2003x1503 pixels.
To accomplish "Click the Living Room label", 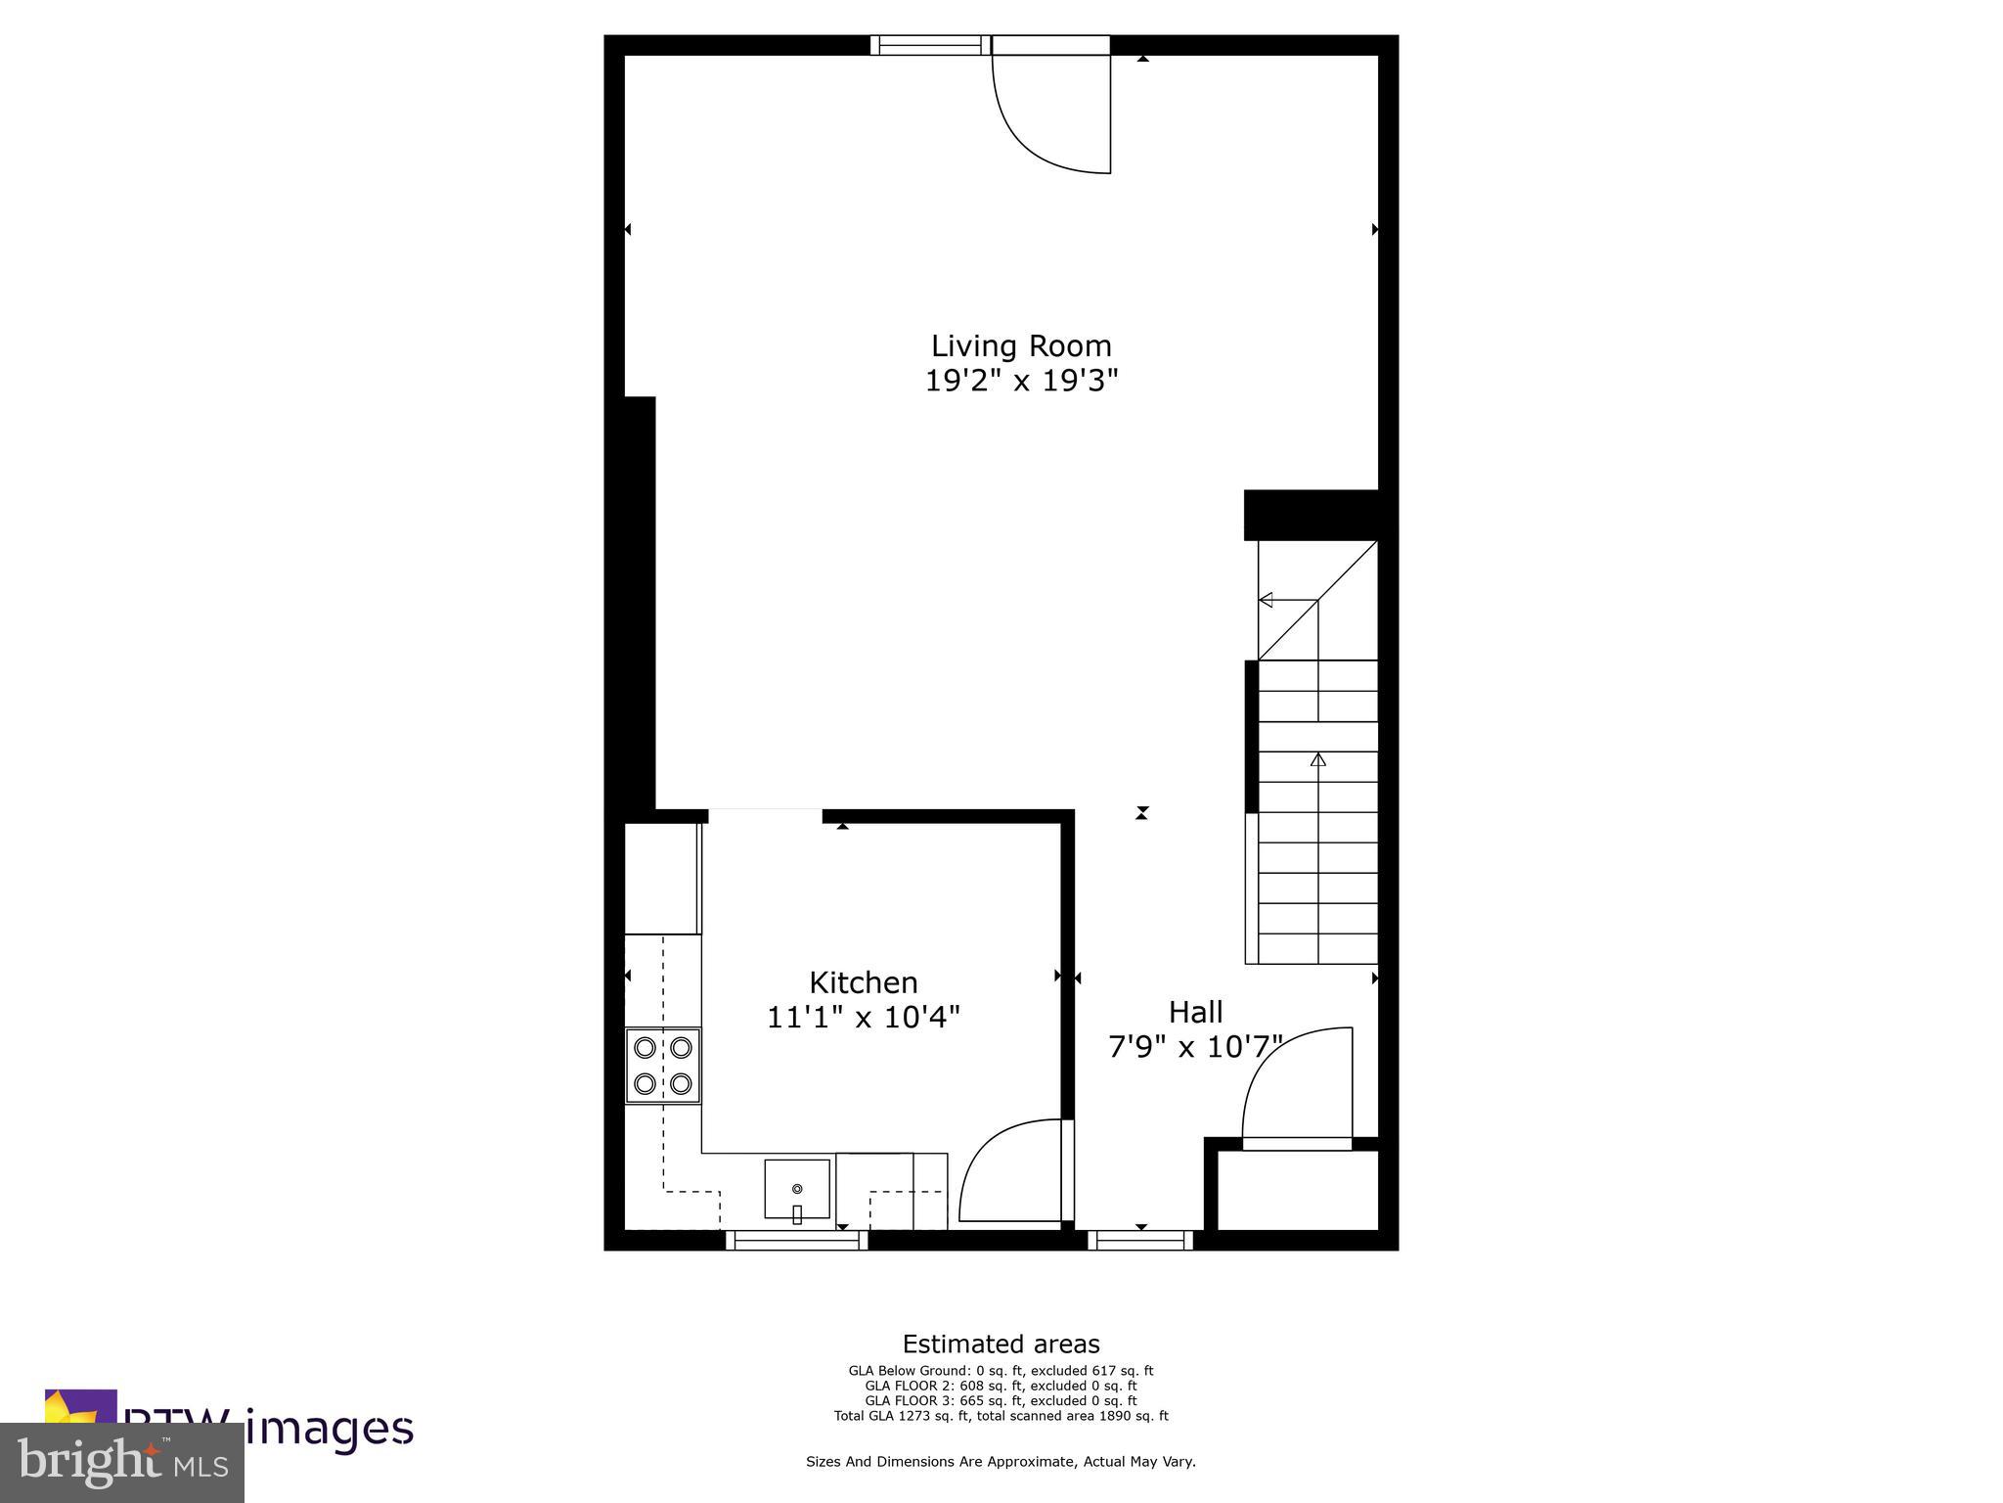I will (1020, 345).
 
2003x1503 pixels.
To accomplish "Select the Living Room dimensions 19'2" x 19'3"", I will (1020, 380).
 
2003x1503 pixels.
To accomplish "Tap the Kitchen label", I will (863, 981).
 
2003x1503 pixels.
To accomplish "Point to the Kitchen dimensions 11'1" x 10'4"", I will (863, 1018).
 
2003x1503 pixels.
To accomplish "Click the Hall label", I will (1195, 1011).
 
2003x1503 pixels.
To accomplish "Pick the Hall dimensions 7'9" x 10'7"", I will (1194, 1047).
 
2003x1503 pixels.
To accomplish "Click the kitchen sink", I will (796, 1189).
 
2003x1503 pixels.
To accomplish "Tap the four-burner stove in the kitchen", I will (663, 1066).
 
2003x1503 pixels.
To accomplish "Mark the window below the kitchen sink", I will (796, 1241).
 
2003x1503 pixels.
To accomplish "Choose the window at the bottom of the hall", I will (1140, 1241).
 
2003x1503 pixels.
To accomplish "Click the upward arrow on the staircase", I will (1318, 758).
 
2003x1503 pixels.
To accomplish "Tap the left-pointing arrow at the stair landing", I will (1266, 600).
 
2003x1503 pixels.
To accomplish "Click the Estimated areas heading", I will (1001, 1344).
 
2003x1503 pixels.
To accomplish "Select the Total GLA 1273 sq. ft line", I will (1001, 1415).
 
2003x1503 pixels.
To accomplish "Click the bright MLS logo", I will (122, 1462).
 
